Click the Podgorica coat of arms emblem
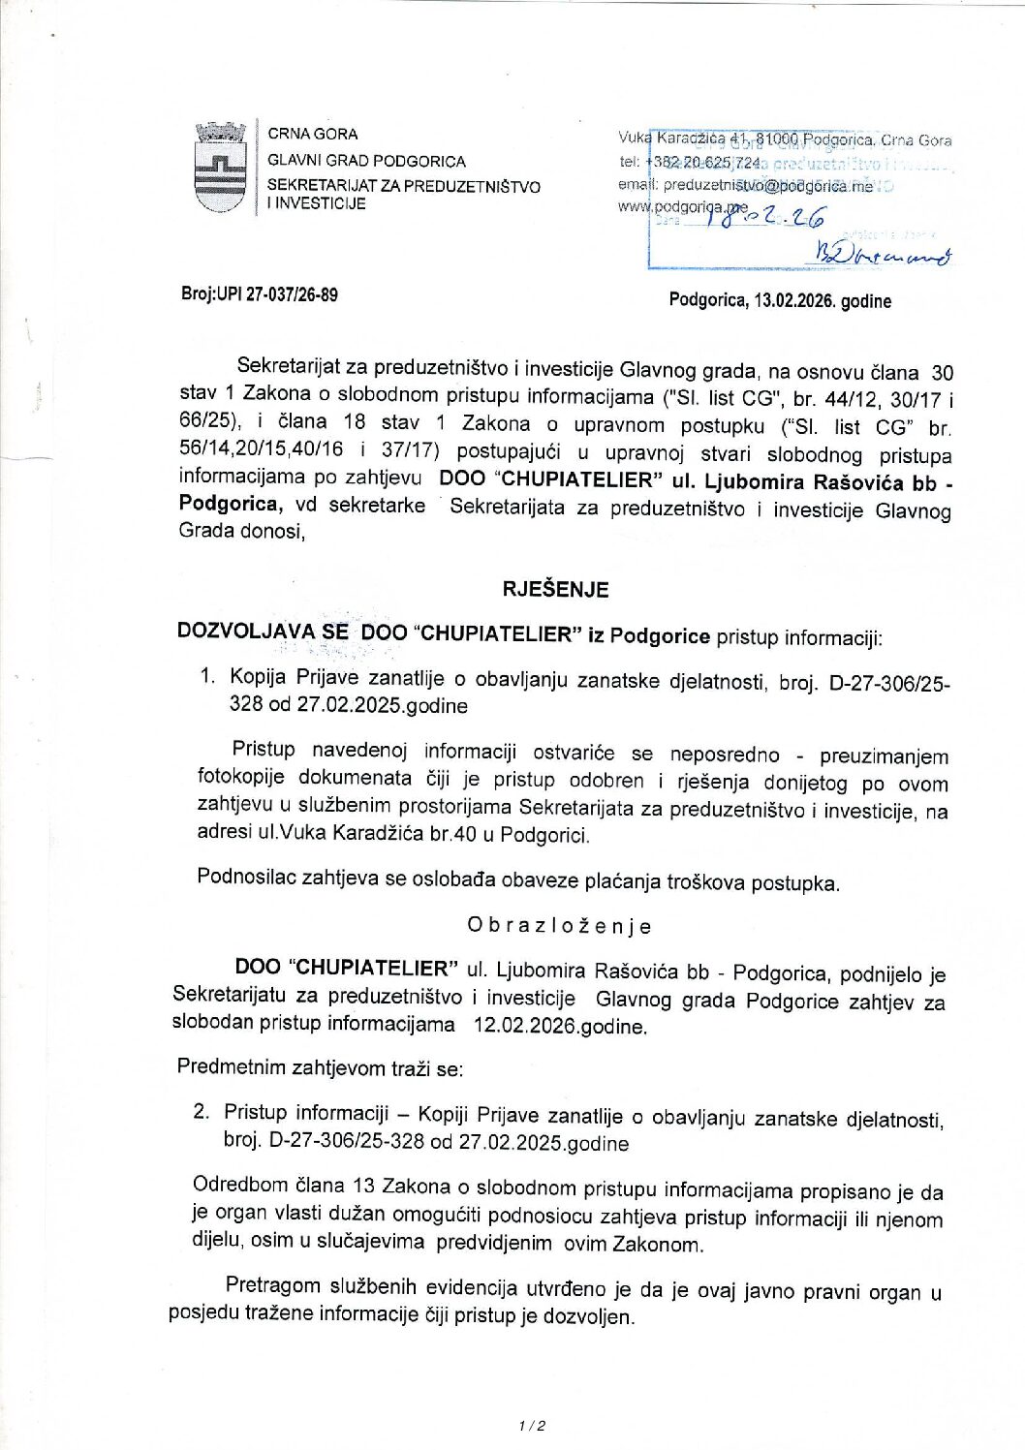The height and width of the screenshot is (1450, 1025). tap(221, 168)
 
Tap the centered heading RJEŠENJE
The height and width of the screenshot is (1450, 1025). tap(555, 589)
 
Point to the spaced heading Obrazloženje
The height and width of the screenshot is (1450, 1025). tap(559, 926)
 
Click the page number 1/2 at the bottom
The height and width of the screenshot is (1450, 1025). tap(532, 1425)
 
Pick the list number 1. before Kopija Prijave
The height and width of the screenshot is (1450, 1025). tap(207, 676)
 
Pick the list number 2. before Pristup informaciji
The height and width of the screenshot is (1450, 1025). tap(201, 1111)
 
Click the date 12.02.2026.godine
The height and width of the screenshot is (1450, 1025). tap(559, 1026)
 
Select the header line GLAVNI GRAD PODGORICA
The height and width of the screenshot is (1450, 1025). tap(366, 161)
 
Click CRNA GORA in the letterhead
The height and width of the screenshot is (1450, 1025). tap(312, 134)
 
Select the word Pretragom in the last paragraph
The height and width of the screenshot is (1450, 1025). tap(272, 1285)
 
